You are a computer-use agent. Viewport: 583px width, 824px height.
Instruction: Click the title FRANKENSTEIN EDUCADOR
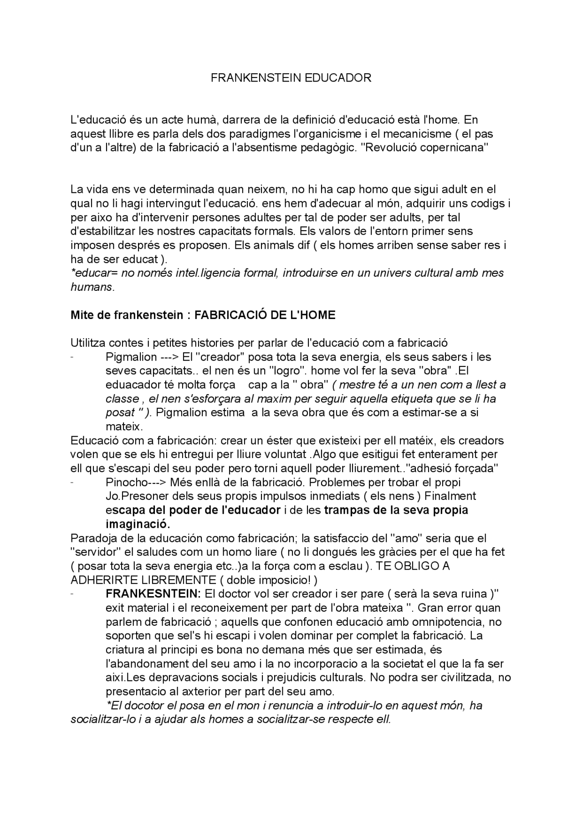(291, 78)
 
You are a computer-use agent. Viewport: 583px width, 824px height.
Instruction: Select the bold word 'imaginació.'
(138, 524)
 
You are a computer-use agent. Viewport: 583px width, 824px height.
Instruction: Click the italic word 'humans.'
(92, 287)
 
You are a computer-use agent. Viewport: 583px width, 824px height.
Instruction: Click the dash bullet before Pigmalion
(73, 357)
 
